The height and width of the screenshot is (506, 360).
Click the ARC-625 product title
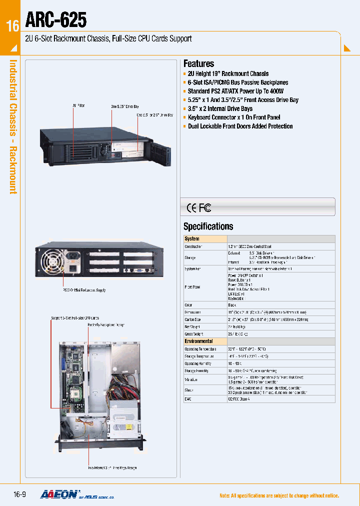55,20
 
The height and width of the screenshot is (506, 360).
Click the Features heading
198,63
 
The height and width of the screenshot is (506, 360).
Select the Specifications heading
208,226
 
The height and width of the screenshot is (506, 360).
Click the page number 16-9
19,495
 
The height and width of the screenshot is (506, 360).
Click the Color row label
188,304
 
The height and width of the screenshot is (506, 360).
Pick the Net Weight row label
192,326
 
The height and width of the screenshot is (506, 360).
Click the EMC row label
188,399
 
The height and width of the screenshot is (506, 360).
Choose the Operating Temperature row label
200,348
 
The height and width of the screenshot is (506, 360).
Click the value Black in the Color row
232,304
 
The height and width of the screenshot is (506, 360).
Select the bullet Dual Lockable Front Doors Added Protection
240,126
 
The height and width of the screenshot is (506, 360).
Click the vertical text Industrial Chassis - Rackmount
13,127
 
